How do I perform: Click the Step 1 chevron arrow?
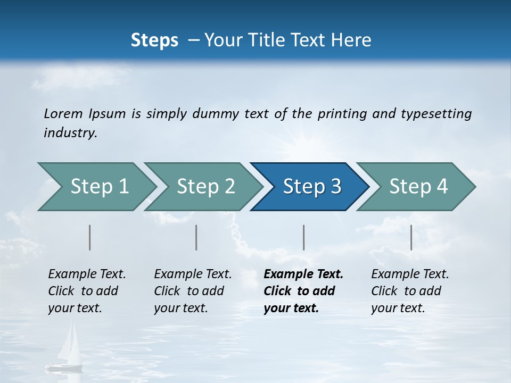point(98,187)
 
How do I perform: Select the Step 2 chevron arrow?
point(205,187)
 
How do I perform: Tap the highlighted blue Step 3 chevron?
point(311,187)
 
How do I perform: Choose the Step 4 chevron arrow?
point(418,187)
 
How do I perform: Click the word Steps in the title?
point(154,40)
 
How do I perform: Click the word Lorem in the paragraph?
point(63,113)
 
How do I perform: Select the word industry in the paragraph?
point(70,133)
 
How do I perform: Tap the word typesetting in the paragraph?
point(436,113)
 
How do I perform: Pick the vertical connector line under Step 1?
point(90,237)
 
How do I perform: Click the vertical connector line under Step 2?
point(196,237)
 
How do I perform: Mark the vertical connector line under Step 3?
point(303,237)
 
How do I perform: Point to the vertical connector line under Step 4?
point(411,237)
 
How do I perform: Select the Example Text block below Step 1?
point(87,291)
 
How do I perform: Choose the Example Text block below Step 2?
point(193,291)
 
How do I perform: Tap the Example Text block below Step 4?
point(410,291)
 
